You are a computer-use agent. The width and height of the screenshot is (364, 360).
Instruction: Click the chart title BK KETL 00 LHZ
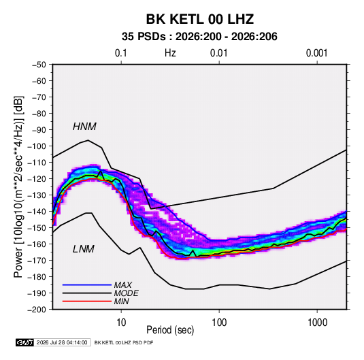tap(199, 19)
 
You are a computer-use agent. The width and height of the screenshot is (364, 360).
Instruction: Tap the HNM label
tap(84, 127)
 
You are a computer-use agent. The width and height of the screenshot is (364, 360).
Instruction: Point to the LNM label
tap(84, 249)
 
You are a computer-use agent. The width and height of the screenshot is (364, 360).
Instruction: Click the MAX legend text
tap(122, 284)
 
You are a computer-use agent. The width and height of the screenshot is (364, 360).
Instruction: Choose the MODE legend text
tap(126, 293)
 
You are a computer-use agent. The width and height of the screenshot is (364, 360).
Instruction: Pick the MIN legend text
tap(121, 301)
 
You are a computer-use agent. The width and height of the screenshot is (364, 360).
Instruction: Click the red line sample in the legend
tap(87, 301)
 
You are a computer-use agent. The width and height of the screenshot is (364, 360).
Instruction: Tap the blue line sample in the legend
tap(87, 284)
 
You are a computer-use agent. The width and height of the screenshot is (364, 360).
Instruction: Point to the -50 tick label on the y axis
tap(39, 65)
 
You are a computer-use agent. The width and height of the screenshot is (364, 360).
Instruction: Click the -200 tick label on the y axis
tap(37, 310)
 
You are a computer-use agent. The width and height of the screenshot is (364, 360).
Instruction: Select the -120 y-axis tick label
tap(37, 179)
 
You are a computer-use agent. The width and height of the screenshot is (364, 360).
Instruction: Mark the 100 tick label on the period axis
tap(219, 323)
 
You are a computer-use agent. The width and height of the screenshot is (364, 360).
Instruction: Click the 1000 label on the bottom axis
tap(317, 323)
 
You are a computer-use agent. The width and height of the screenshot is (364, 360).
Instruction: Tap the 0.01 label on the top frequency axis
tap(218, 53)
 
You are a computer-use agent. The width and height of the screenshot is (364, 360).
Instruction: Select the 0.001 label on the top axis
tap(316, 53)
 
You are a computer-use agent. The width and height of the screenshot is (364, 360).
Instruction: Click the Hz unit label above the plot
tap(170, 53)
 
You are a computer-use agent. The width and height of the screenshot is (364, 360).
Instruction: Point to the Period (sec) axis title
tap(170, 330)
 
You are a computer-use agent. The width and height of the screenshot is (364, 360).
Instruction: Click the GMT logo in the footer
tap(24, 342)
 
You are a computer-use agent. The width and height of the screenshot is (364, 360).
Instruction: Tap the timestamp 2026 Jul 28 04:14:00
tap(62, 342)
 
